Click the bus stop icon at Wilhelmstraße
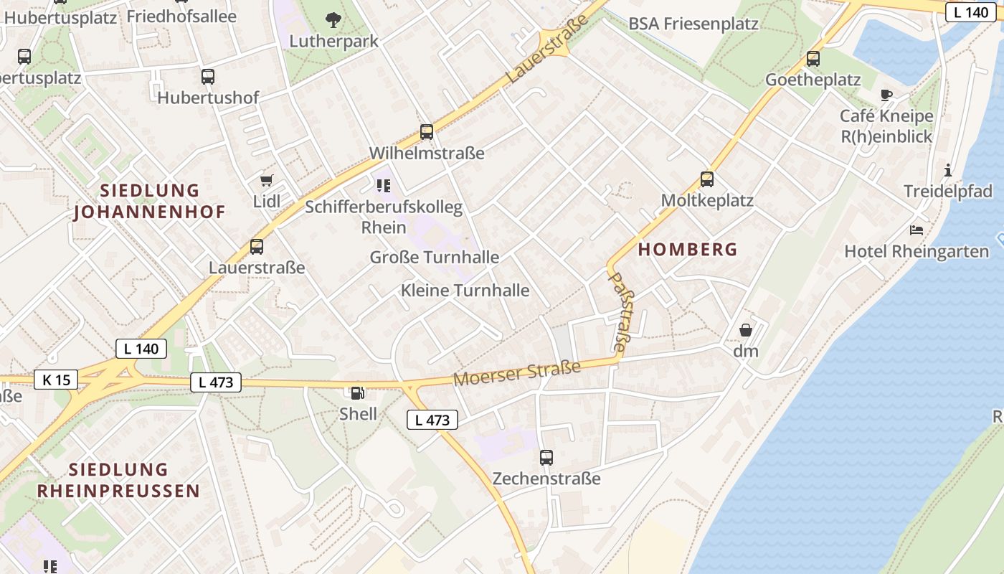(427, 132)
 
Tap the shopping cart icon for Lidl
(267, 181)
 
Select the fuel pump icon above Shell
(356, 392)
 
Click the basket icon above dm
(746, 330)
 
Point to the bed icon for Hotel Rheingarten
(917, 230)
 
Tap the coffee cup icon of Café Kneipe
(886, 95)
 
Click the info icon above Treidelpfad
(948, 170)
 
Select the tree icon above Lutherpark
(333, 20)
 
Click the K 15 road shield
(56, 380)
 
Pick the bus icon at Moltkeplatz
(707, 179)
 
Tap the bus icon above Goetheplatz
(813, 59)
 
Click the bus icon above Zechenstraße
(546, 457)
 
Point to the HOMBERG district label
(687, 250)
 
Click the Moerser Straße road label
(517, 374)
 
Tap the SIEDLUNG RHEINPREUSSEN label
(118, 480)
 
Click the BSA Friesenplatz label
(693, 24)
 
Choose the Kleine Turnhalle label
(465, 291)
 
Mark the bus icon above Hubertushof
(208, 77)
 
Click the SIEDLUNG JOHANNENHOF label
(150, 201)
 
